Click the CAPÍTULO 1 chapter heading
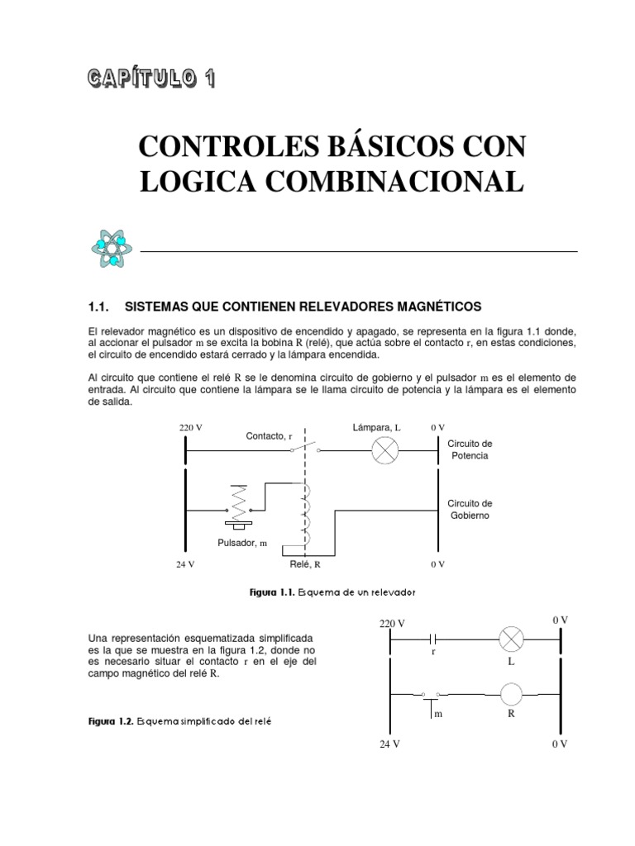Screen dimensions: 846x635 pyautogui.click(x=152, y=79)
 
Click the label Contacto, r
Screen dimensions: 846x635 pyautogui.click(x=269, y=435)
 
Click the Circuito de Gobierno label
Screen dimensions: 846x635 pyautogui.click(x=470, y=509)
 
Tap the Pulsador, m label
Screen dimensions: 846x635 pyautogui.click(x=243, y=543)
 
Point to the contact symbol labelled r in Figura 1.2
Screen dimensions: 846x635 pyautogui.click(x=433, y=639)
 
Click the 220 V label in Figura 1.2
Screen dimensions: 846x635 pyautogui.click(x=393, y=623)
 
